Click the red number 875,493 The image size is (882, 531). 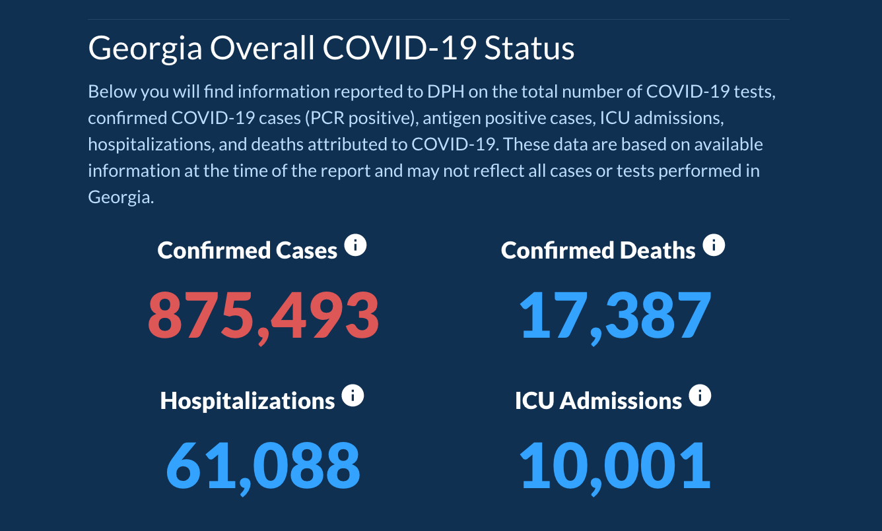[x=263, y=315]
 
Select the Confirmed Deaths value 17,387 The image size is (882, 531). [x=615, y=315]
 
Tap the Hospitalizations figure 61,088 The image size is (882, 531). [x=263, y=465]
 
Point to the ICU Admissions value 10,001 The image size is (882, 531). [x=615, y=465]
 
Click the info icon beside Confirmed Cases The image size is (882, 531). [x=355, y=246]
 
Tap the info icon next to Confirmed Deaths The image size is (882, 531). [x=714, y=246]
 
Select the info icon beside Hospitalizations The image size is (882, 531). [x=353, y=396]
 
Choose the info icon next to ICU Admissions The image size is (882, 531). [x=700, y=396]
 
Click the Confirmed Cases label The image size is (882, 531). [x=248, y=251]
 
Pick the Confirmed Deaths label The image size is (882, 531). [x=598, y=251]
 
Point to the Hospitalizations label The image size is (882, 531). [x=248, y=401]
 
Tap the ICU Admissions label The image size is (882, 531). [x=598, y=401]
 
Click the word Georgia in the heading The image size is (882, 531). [x=145, y=49]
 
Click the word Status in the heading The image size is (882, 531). [x=529, y=49]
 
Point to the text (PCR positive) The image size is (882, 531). [x=360, y=117]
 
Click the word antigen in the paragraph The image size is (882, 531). [x=449, y=117]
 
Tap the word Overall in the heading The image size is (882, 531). [x=261, y=49]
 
